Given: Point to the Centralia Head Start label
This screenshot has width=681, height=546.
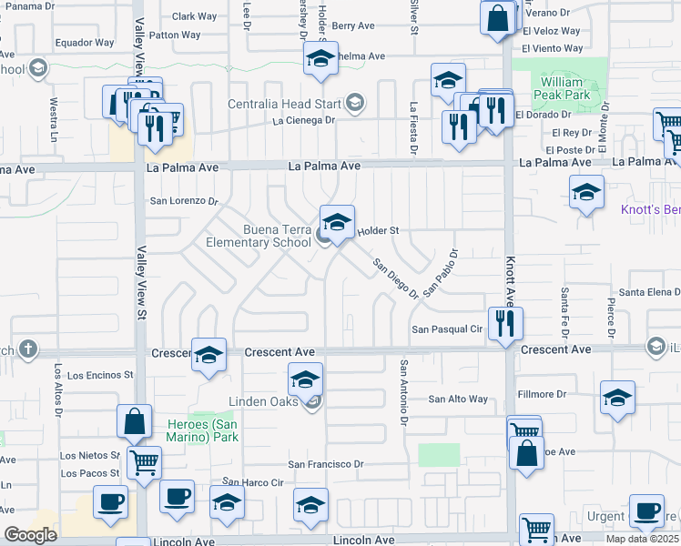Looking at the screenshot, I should (284, 103).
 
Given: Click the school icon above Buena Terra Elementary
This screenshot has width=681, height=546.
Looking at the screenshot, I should (337, 222).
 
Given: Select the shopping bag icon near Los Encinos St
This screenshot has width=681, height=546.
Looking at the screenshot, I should (134, 422).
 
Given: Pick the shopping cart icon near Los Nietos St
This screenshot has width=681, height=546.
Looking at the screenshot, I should (144, 462).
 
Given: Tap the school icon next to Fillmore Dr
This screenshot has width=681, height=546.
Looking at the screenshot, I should (618, 398).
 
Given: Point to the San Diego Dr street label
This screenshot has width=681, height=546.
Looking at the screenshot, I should (395, 279).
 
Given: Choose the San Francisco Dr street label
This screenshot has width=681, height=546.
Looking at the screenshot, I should (326, 464).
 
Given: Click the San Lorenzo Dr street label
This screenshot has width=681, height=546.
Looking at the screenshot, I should (185, 201).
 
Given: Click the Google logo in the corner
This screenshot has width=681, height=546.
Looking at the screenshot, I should (30, 535).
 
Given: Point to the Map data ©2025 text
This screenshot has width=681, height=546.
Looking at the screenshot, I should (643, 539).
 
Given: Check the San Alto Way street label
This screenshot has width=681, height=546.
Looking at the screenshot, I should (458, 399).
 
